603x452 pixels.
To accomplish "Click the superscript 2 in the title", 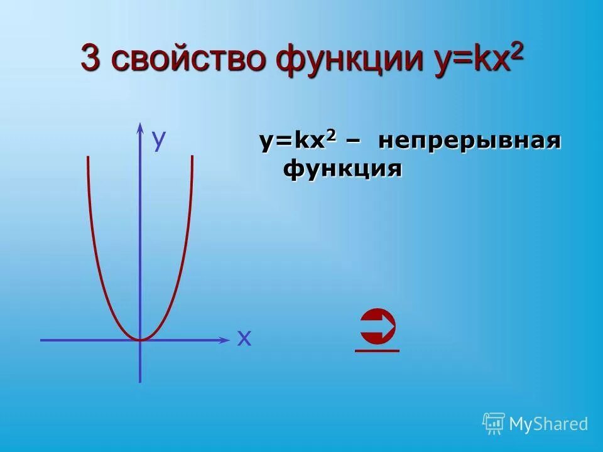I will point(516,52).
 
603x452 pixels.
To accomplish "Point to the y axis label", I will point(159,140).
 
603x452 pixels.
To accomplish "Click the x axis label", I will point(244,339).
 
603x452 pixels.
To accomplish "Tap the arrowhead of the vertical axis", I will point(139,127).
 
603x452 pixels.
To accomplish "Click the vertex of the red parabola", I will point(140,340).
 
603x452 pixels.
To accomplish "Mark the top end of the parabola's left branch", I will point(89,156).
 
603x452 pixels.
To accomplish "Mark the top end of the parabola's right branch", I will point(192,156).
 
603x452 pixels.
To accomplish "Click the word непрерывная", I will point(469,141).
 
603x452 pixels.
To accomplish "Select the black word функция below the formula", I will point(342,169).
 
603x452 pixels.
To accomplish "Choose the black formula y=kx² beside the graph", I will point(298,141).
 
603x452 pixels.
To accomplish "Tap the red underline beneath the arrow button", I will point(377,350).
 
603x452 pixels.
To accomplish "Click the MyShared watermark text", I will point(548,424).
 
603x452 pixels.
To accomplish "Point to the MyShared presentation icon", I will point(494,424).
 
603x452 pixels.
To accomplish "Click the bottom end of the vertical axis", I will point(139,380).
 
